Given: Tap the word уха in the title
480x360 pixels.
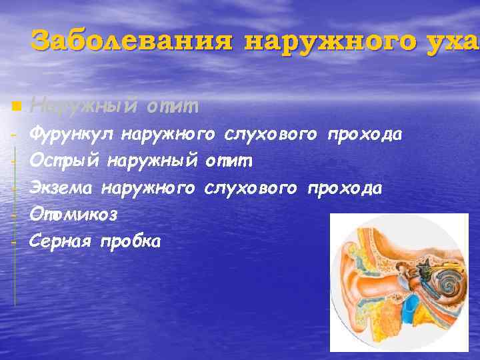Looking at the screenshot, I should [454, 41].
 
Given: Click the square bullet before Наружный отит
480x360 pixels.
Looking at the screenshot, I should [17, 106].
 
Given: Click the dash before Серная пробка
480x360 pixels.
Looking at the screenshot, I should [13, 241].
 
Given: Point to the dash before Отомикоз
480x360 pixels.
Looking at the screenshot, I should [13, 215].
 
